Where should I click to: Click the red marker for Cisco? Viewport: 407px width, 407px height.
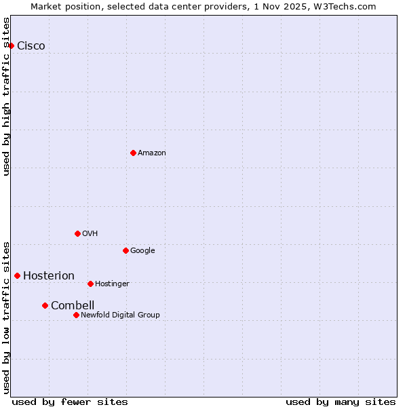pyautogui.click(x=12, y=45)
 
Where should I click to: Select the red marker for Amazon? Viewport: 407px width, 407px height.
pyautogui.click(x=133, y=153)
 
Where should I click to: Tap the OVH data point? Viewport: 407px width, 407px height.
pyautogui.click(x=77, y=233)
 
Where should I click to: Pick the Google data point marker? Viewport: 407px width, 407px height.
pyautogui.click(x=125, y=250)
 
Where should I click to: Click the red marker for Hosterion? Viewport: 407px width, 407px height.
pyautogui.click(x=17, y=275)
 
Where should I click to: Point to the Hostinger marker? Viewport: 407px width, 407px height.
pyautogui.click(x=90, y=284)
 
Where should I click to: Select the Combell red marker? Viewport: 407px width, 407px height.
pyautogui.click(x=45, y=305)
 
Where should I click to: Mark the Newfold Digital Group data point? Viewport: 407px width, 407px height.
pyautogui.click(x=76, y=315)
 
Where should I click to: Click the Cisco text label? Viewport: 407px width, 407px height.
pyautogui.click(x=31, y=46)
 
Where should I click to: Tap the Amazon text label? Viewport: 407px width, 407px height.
pyautogui.click(x=152, y=153)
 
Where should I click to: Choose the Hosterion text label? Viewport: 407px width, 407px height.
pyautogui.click(x=49, y=276)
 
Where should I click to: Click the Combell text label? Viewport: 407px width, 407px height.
pyautogui.click(x=73, y=306)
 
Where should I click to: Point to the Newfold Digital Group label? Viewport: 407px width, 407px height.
pyautogui.click(x=120, y=315)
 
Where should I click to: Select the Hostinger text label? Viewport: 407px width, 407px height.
pyautogui.click(x=112, y=284)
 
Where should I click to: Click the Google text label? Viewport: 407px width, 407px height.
pyautogui.click(x=142, y=251)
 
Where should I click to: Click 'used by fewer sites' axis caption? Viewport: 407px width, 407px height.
pyautogui.click(x=70, y=402)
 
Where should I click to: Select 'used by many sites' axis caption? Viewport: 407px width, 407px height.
pyautogui.click(x=341, y=402)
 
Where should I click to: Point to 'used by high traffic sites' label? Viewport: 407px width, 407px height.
pyautogui.click(x=7, y=96)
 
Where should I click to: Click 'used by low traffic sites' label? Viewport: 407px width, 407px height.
pyautogui.click(x=7, y=317)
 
